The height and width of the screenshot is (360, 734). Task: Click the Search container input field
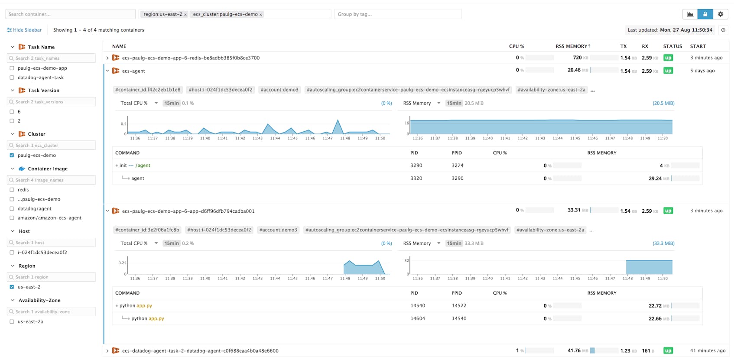pyautogui.click(x=70, y=14)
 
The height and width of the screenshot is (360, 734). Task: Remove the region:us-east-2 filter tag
pyautogui.click(x=185, y=15)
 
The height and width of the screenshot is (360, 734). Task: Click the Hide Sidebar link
pyautogui.click(x=24, y=30)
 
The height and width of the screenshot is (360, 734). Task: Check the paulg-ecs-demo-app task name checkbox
pyautogui.click(x=12, y=68)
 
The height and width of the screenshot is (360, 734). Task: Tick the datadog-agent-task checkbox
pyautogui.click(x=12, y=78)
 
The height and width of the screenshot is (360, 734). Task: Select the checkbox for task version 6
pyautogui.click(x=12, y=112)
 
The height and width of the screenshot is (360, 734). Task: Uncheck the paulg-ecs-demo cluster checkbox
pyautogui.click(x=12, y=155)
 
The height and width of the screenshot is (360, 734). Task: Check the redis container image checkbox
pyautogui.click(x=12, y=190)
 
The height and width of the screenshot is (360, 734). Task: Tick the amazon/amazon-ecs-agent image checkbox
pyautogui.click(x=12, y=218)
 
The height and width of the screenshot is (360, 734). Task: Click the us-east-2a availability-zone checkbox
pyautogui.click(x=12, y=322)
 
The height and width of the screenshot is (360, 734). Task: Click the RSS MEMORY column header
pyautogui.click(x=572, y=46)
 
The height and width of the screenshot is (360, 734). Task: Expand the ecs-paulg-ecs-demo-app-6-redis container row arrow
pyautogui.click(x=107, y=58)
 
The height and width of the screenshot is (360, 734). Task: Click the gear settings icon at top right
pyautogui.click(x=721, y=14)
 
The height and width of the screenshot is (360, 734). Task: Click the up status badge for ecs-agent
pyautogui.click(x=668, y=71)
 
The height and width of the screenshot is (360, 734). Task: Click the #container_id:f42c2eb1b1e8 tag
pyautogui.click(x=148, y=90)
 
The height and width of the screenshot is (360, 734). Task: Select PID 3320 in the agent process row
pyautogui.click(x=416, y=178)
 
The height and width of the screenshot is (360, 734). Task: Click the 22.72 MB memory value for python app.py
pyautogui.click(x=655, y=306)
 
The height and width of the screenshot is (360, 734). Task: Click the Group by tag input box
pyautogui.click(x=397, y=14)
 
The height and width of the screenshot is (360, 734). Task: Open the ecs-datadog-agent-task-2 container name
pyautogui.click(x=200, y=351)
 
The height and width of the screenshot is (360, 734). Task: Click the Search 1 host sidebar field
pyautogui.click(x=51, y=243)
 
